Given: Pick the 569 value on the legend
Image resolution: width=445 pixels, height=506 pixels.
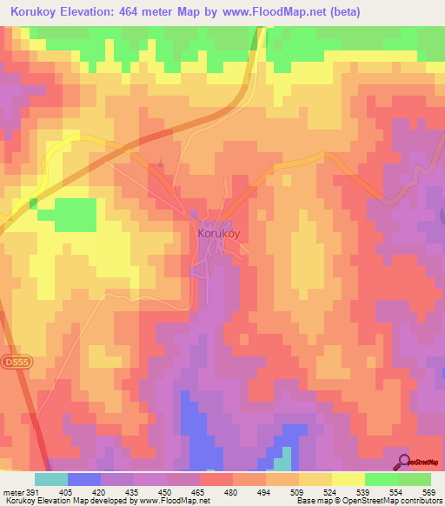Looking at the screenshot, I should (x=429, y=491).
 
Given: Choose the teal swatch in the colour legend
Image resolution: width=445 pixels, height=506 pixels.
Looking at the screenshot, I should (x=50, y=479).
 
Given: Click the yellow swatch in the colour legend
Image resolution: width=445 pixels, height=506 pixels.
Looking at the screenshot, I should (x=348, y=479).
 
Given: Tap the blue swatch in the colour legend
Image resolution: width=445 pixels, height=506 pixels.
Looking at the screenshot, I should (x=83, y=479).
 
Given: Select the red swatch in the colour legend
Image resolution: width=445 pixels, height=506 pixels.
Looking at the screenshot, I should (x=216, y=479).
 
